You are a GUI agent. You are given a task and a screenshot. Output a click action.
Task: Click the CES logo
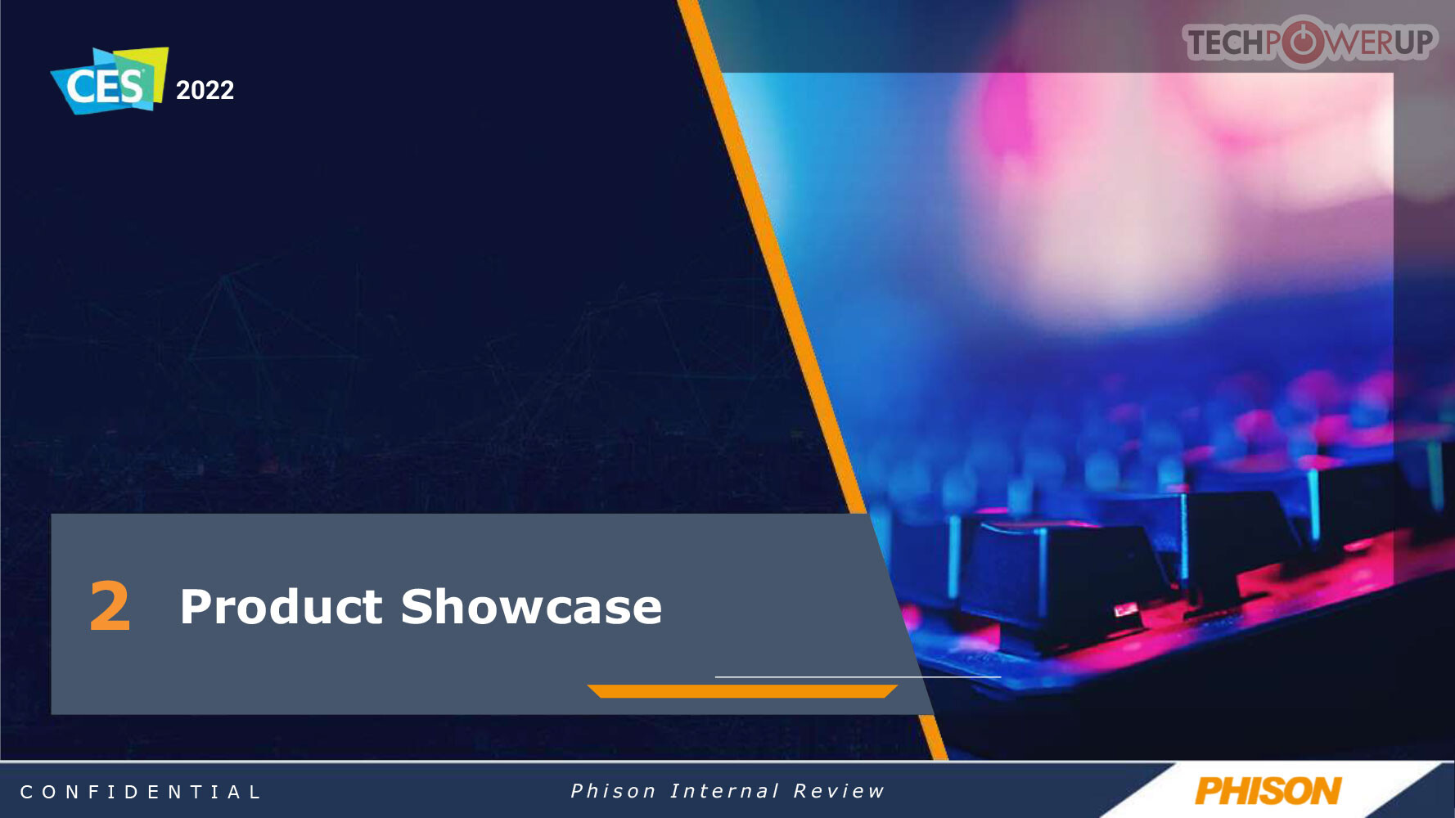point(110,81)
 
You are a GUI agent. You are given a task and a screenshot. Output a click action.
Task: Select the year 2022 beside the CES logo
point(205,90)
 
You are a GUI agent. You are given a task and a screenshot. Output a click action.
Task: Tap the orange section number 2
point(110,605)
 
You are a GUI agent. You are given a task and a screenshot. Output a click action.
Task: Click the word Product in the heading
point(281,606)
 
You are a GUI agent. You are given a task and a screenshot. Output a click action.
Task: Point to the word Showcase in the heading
point(531,606)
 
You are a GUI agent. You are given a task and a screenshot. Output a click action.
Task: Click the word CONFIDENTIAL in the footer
point(140,792)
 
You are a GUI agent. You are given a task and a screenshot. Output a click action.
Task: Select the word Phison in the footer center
point(613,791)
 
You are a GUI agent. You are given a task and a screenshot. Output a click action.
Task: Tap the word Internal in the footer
point(724,791)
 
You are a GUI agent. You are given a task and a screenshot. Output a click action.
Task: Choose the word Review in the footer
point(839,791)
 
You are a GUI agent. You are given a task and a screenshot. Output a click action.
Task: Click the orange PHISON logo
point(1268,791)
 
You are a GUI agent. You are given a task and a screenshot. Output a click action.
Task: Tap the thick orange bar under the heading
point(742,691)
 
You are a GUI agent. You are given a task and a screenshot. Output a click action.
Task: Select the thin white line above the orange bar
point(858,676)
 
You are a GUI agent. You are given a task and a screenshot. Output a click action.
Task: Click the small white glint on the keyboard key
point(1126,609)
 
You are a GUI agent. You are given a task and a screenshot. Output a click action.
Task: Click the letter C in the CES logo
point(80,87)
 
